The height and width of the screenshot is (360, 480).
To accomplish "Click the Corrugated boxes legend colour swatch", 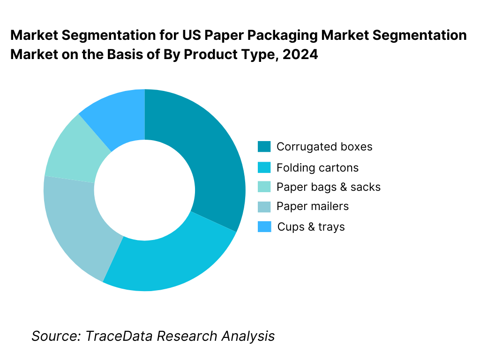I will [x=264, y=147].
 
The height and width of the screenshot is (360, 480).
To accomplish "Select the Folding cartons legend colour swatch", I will [x=264, y=167].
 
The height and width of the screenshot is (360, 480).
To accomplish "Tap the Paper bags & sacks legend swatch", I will [x=264, y=187].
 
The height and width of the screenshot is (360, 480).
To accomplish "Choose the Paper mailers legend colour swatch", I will [x=264, y=207].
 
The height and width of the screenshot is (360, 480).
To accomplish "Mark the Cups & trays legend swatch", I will [x=264, y=227].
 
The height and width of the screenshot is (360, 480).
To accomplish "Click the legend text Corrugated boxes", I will [x=324, y=147].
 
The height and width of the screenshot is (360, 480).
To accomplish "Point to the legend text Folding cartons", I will [x=317, y=167].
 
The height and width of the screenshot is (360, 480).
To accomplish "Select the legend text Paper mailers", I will [x=313, y=206].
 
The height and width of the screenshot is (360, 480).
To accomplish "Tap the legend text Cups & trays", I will [x=311, y=227].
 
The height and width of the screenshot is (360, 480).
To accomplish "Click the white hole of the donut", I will [x=144, y=190].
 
